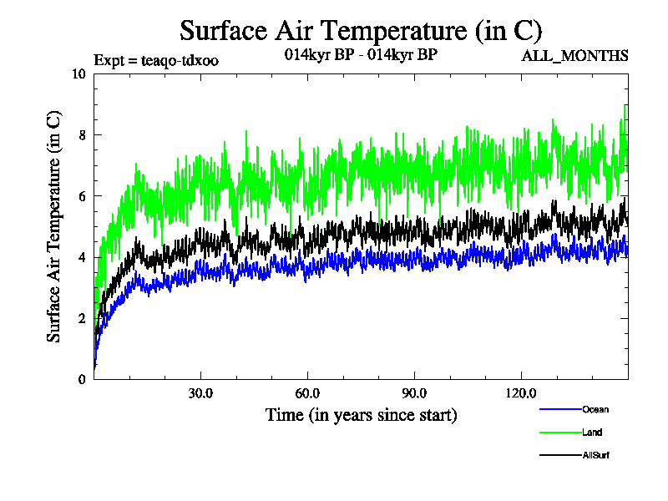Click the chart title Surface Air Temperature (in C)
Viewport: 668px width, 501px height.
361,31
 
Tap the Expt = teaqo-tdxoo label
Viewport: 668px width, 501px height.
156,61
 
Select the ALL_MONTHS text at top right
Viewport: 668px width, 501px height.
574,56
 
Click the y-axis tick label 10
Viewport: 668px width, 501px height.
79,73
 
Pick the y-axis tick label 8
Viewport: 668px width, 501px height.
82,134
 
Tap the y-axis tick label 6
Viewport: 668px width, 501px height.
82,195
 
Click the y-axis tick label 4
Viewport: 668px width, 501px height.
82,257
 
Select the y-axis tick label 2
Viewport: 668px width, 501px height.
82,318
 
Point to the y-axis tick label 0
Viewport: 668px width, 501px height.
82,379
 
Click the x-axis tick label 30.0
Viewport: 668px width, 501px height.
200,393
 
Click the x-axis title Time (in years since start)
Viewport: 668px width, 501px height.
361,415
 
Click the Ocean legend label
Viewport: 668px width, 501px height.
596,410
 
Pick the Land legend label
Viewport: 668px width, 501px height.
592,433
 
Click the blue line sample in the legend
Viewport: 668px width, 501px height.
560,410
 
